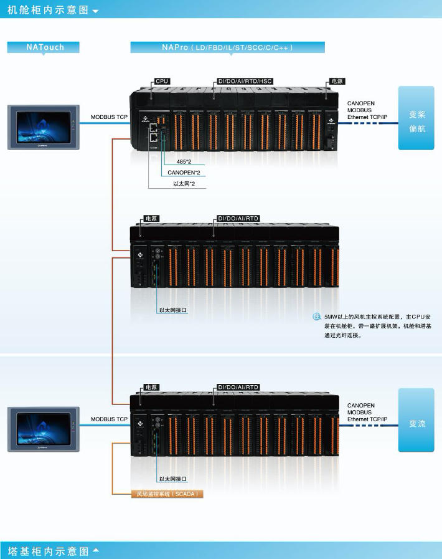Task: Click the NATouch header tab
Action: (x=45, y=47)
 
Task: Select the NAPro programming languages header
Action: (x=227, y=47)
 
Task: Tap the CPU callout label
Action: (x=162, y=81)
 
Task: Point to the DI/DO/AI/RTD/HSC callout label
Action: (x=245, y=81)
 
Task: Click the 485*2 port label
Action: (x=184, y=161)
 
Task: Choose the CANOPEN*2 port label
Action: (x=184, y=172)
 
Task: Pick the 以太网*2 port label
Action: (x=184, y=183)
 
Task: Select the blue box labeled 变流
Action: (x=416, y=423)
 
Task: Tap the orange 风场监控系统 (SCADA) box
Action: (x=167, y=494)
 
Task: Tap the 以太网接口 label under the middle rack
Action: (x=172, y=310)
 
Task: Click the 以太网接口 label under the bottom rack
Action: (x=172, y=479)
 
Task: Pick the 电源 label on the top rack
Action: (x=337, y=81)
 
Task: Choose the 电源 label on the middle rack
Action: (x=151, y=218)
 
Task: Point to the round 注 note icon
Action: (x=316, y=317)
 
